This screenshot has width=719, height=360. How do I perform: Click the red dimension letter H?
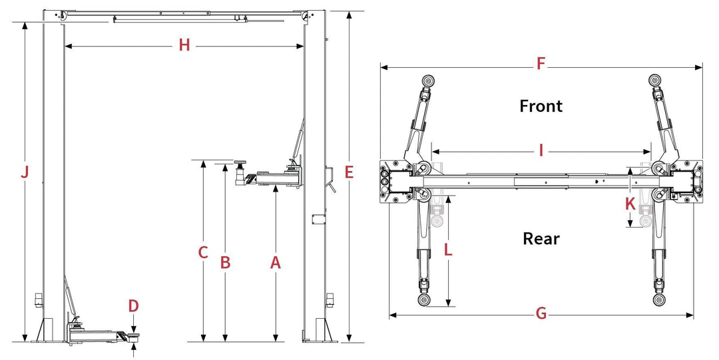point(184,45)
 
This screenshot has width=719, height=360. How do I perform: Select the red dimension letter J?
point(25,172)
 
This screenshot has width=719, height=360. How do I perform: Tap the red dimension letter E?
point(349,172)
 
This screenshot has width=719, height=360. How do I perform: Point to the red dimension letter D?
point(134,305)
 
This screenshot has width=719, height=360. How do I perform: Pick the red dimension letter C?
point(204,253)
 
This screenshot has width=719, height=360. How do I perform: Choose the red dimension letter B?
point(225,263)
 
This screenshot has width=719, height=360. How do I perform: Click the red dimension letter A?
point(276,263)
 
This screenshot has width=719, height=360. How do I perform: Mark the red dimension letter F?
point(541,65)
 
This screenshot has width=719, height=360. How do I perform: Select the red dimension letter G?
point(541,313)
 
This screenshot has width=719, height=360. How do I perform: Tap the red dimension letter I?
point(541,150)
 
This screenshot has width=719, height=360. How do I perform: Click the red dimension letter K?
point(630,204)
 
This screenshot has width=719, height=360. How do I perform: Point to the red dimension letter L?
point(448,250)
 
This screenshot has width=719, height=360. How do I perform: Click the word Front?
point(541,106)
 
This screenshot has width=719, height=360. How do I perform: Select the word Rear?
point(541,238)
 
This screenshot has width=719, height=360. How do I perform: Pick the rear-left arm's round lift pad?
point(424,299)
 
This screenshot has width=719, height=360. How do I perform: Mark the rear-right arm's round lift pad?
point(658,299)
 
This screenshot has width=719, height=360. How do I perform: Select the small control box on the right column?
point(318,218)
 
